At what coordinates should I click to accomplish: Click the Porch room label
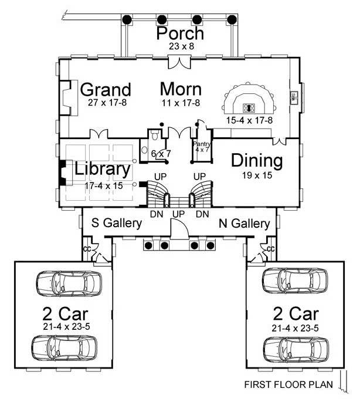(180, 33)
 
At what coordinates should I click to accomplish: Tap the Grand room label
(106, 90)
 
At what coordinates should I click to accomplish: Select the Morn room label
(181, 90)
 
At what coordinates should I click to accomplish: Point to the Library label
(102, 169)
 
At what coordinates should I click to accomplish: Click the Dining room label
(256, 160)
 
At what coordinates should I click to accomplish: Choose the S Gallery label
(117, 224)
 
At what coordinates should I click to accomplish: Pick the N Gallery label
(244, 224)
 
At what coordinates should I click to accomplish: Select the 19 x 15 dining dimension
(256, 174)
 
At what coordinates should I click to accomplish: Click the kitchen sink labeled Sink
(291, 97)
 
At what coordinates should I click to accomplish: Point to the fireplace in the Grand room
(66, 97)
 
